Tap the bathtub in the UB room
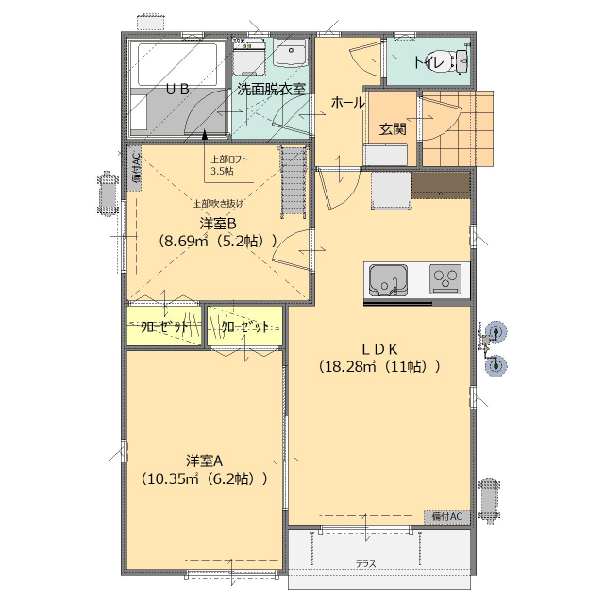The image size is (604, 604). [177, 64]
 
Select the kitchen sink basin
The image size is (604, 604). [388, 280]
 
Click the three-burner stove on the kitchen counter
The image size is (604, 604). [445, 279]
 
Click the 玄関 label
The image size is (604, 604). [393, 129]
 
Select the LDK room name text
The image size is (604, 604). [379, 349]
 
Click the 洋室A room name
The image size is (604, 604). [205, 461]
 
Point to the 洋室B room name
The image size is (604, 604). [218, 224]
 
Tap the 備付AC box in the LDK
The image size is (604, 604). [446, 516]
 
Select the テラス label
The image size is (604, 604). [365, 564]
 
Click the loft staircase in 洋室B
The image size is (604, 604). [294, 183]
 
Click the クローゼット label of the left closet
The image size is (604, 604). [164, 327]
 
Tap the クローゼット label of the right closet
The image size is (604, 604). [245, 327]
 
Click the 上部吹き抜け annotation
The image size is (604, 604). [218, 204]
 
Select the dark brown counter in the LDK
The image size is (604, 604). [442, 185]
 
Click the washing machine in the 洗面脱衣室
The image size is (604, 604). [249, 57]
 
